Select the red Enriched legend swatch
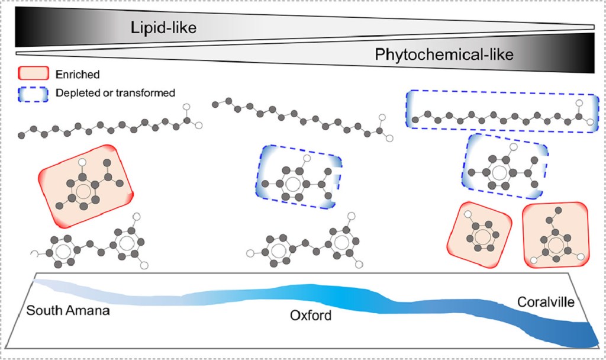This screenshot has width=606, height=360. tap(33, 75)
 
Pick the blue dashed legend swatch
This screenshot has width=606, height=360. tap(33, 93)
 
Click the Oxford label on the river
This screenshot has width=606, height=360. tap(311, 316)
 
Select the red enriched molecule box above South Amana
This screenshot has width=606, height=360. tap(86, 185)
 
